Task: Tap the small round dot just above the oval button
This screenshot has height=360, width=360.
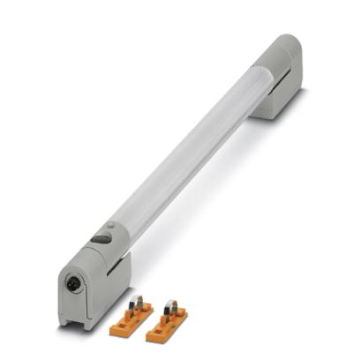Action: (110, 227)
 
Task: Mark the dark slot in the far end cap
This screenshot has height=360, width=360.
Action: (281, 85)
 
